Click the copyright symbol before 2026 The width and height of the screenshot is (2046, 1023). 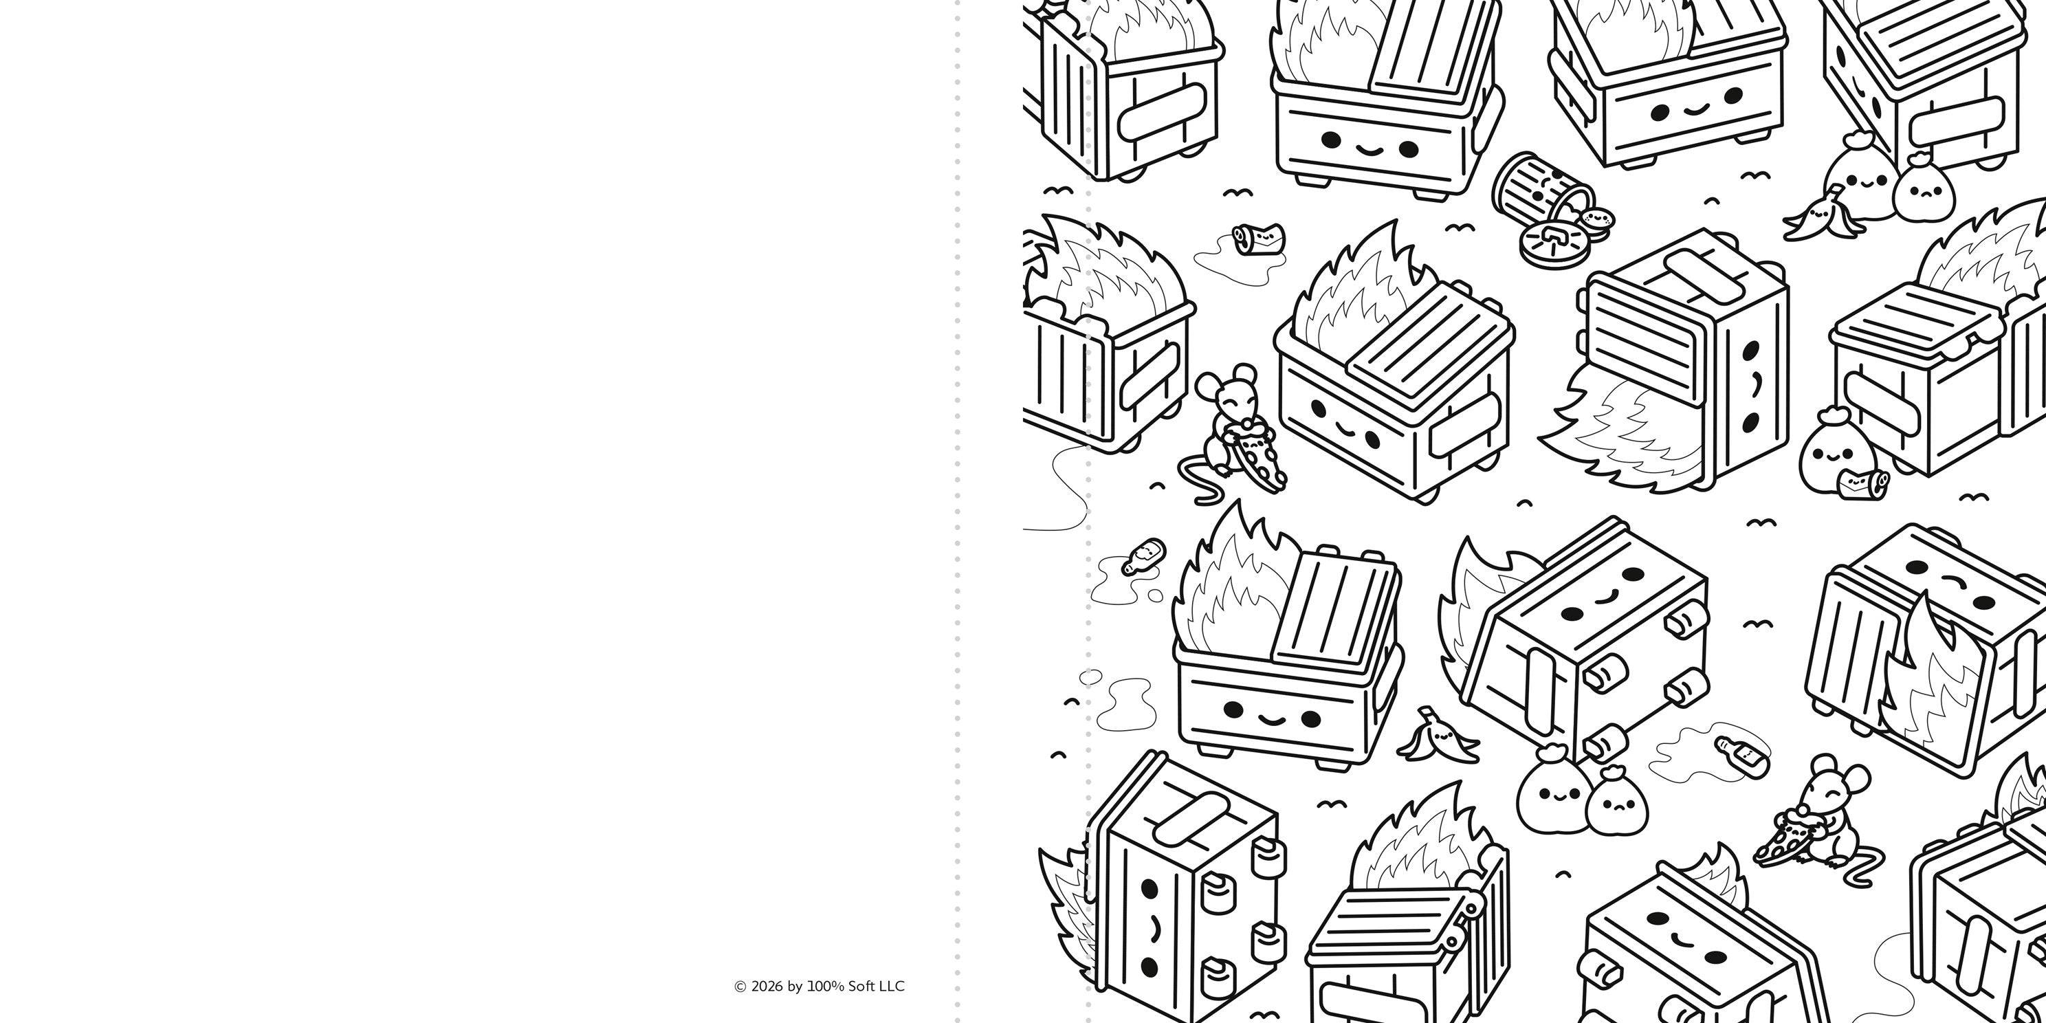coord(740,987)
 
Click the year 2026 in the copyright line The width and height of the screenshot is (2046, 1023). coord(767,987)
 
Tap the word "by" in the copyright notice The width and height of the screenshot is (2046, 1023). coord(795,987)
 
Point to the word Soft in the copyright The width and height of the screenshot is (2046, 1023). coord(861,987)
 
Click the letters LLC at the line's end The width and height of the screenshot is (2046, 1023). coord(892,987)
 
